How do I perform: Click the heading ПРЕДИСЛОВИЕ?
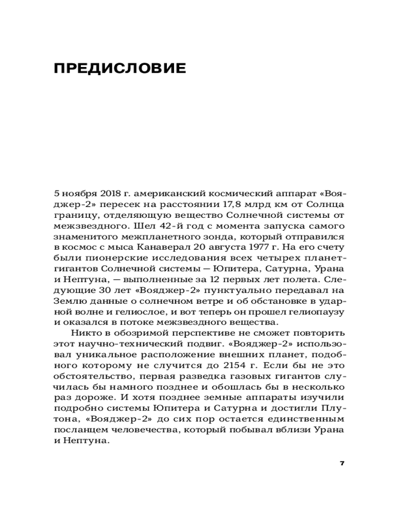click(x=119, y=68)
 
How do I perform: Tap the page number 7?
click(x=342, y=462)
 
